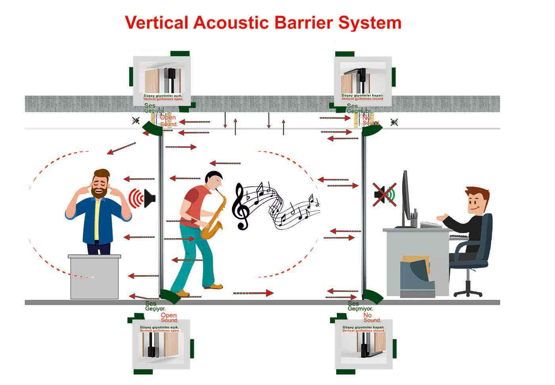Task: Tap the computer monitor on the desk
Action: coord(405,198)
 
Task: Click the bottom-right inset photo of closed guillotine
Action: coord(363,343)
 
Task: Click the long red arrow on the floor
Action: coord(254,293)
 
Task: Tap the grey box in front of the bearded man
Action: coord(95,278)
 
